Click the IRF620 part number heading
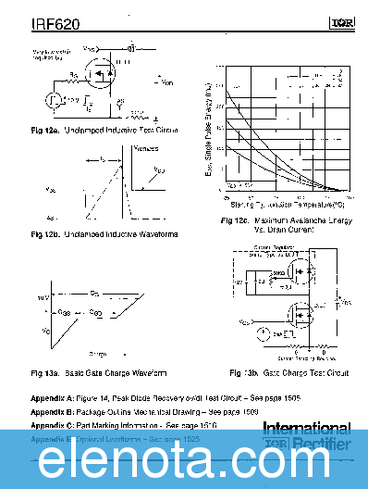tap(33, 21)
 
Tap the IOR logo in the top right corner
tap(340, 22)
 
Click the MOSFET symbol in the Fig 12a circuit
tap(96, 74)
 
